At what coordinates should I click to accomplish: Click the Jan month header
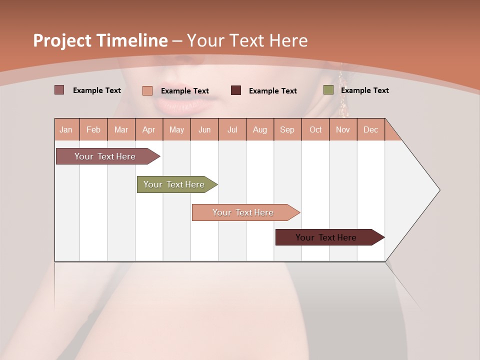click(x=66, y=129)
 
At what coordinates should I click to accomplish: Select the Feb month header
click(x=93, y=129)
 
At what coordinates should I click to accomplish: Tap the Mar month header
click(x=121, y=129)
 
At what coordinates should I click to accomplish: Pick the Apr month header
click(x=149, y=129)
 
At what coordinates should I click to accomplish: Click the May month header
click(x=176, y=129)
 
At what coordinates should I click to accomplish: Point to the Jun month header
click(x=204, y=129)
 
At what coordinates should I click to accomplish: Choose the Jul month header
click(x=232, y=129)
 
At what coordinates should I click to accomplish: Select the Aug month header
click(x=260, y=129)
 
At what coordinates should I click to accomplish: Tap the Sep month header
click(x=287, y=129)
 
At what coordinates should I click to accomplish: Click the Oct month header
click(x=315, y=129)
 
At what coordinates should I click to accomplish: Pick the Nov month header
click(x=343, y=129)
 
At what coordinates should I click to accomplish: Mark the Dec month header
click(x=371, y=129)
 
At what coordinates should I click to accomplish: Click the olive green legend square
click(x=328, y=90)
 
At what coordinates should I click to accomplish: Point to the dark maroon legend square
click(x=236, y=90)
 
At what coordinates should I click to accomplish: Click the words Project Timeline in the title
click(x=100, y=40)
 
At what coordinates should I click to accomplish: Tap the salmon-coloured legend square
click(x=147, y=90)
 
